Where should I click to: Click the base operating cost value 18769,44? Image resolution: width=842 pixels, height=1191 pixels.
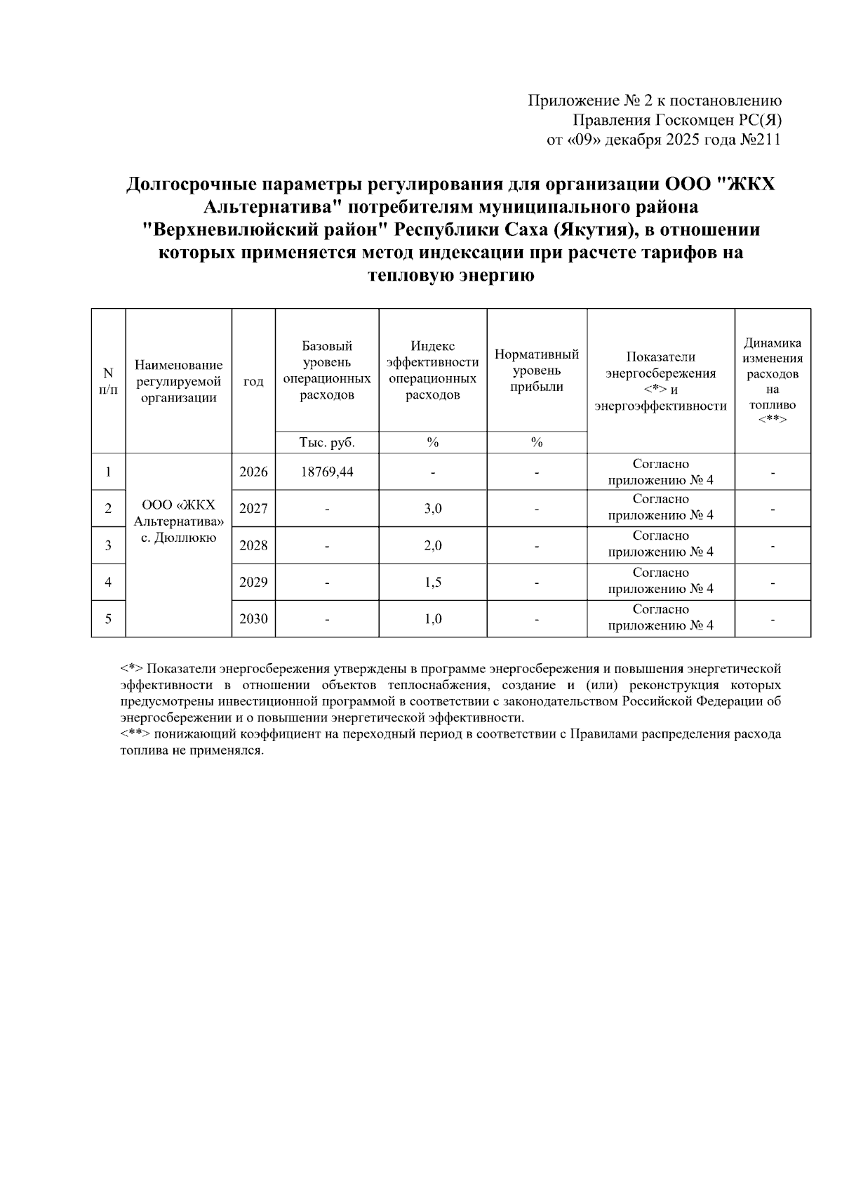[326, 472]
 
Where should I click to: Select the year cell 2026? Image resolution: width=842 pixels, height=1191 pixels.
[253, 472]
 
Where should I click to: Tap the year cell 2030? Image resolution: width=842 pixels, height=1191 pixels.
[253, 619]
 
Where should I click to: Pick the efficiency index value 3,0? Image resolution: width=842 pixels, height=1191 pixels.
[433, 509]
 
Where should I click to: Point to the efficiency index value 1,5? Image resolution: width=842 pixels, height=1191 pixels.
[433, 582]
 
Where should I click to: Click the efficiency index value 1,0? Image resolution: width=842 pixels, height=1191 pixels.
[433, 619]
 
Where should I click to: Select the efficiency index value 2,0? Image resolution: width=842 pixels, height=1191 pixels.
[433, 545]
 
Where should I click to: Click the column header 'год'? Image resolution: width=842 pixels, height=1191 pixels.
[253, 381]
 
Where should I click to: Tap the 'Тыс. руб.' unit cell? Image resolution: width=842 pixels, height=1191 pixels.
[326, 443]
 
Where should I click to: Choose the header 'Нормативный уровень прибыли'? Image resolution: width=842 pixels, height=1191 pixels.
[537, 371]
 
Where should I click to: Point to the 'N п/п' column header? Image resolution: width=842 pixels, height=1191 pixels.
[108, 381]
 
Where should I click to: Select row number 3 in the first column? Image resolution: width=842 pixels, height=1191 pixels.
[108, 545]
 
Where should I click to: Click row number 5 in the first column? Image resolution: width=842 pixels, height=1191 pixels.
[108, 619]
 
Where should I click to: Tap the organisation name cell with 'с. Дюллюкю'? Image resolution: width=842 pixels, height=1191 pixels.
[178, 522]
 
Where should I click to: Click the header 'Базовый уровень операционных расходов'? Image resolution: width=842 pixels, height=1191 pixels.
[326, 371]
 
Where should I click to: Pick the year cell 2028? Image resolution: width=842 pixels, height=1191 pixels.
[253, 545]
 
